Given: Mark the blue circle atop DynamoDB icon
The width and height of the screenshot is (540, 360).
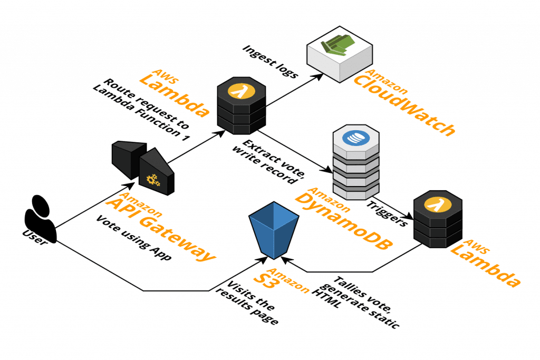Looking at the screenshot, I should (x=356, y=139).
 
